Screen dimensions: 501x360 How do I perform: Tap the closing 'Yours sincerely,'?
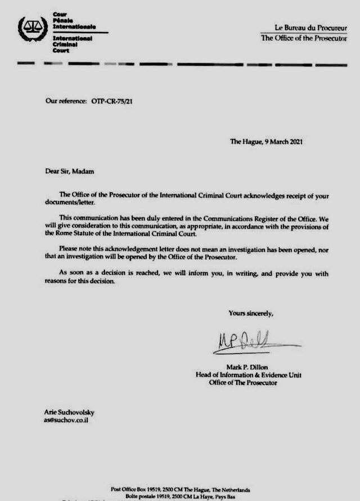[x=251, y=313]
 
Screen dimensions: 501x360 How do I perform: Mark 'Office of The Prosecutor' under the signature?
[x=243, y=383]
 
